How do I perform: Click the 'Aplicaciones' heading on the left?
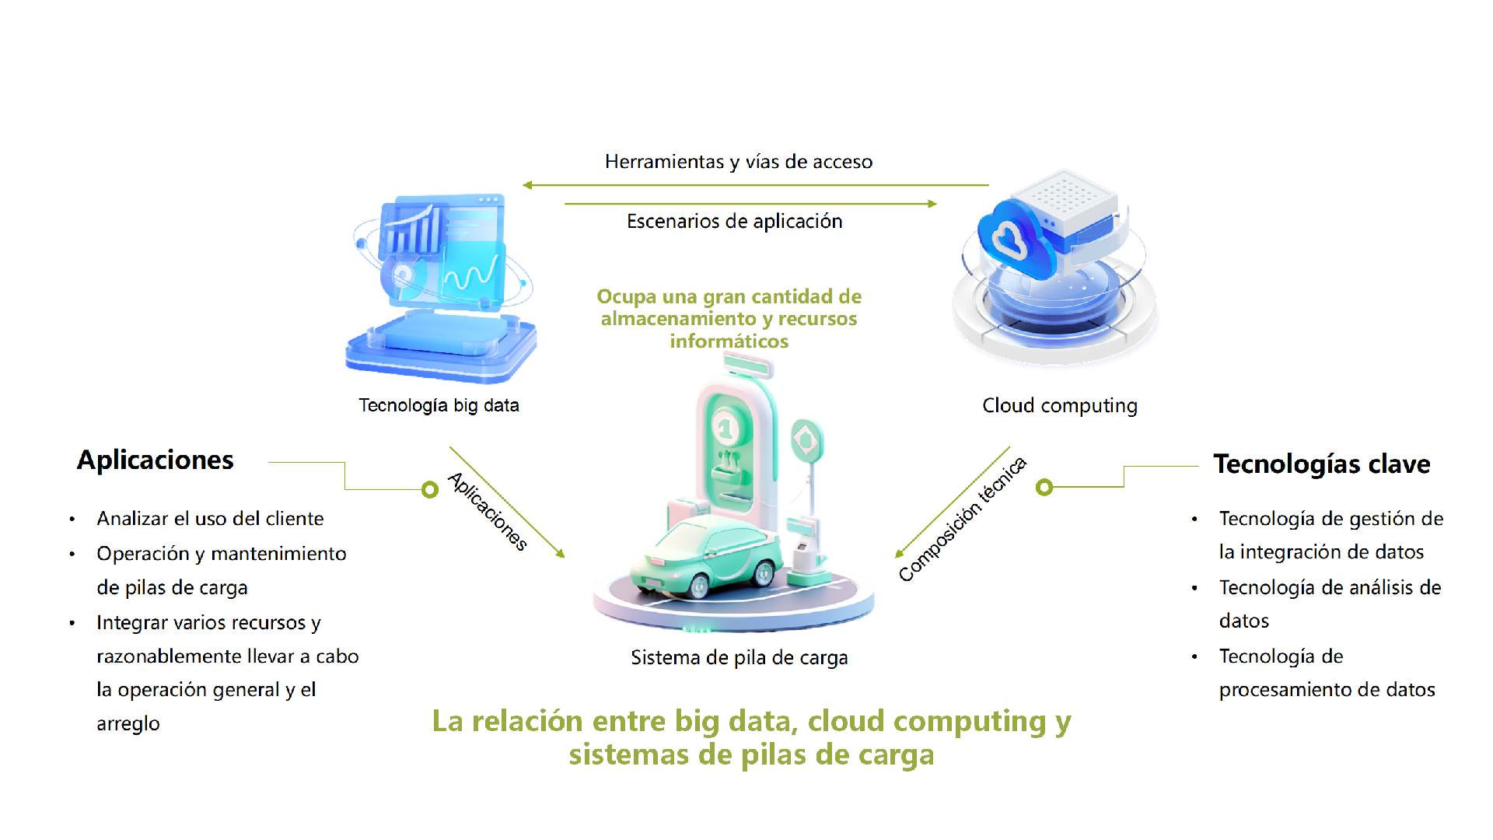(155, 460)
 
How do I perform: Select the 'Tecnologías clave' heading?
(1321, 464)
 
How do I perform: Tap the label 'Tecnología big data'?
(439, 405)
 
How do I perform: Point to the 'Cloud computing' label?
(1059, 405)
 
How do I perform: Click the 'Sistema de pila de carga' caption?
(739, 658)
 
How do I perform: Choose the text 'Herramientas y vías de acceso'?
(739, 162)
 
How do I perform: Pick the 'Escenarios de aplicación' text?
(734, 222)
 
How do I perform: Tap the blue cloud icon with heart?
(1011, 237)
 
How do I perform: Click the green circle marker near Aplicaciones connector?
(430, 489)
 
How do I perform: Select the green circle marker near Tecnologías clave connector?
(1044, 487)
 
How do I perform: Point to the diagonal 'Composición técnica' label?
(962, 520)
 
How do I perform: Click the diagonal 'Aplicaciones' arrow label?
(488, 511)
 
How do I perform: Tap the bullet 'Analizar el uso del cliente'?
(210, 519)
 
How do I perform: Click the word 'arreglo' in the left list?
(128, 724)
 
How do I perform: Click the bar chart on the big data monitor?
(412, 230)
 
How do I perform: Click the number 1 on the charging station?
(726, 428)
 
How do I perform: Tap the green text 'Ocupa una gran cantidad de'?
(729, 297)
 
